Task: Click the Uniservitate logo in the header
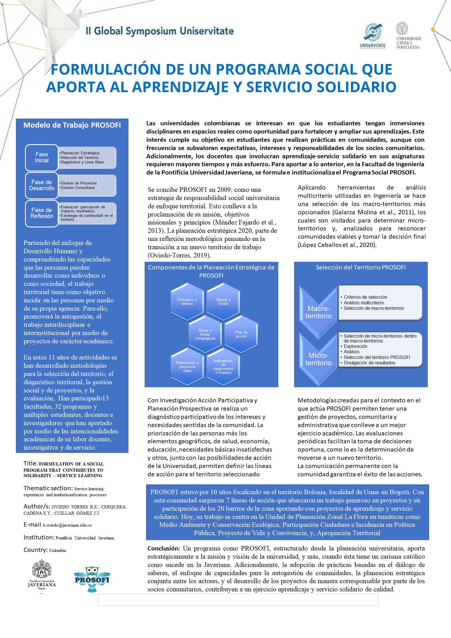click(x=372, y=35)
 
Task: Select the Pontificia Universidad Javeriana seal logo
click(x=42, y=574)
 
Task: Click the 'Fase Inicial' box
click(x=42, y=157)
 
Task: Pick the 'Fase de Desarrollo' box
click(x=42, y=185)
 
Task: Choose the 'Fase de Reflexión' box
click(x=42, y=213)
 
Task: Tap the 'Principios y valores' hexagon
click(x=187, y=302)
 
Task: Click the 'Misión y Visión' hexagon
click(x=223, y=302)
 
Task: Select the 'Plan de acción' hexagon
click(x=241, y=334)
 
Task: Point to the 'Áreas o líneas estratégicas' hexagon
click(x=205, y=334)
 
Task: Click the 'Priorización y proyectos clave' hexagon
click(x=187, y=367)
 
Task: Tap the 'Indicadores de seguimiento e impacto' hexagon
click(x=223, y=367)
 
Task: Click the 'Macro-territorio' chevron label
click(x=318, y=312)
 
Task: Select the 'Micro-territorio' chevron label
click(x=318, y=359)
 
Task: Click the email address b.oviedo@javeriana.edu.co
click(x=67, y=525)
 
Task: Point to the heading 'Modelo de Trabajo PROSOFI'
click(x=72, y=125)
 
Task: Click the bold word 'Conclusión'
click(x=163, y=548)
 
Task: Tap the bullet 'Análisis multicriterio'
click(x=363, y=303)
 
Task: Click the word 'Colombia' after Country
click(x=58, y=550)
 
